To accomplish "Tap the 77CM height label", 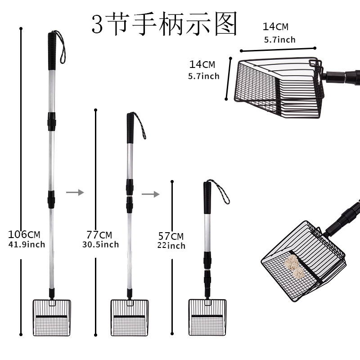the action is pos(99,234).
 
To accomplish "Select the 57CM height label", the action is pos(171,236).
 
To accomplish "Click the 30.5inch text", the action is pos(100,244).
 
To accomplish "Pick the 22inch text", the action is pos(171,246).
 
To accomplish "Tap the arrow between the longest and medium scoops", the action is pos(75,192).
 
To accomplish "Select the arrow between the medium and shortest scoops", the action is pos(150,194).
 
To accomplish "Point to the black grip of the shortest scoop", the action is pos(207,198).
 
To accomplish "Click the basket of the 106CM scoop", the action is pos(52,317).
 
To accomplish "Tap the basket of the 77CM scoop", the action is pos(129,317).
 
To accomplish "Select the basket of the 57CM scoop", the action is pos(207,317).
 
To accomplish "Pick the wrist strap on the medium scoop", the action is pos(140,126).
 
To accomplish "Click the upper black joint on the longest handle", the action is pos(51,119).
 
